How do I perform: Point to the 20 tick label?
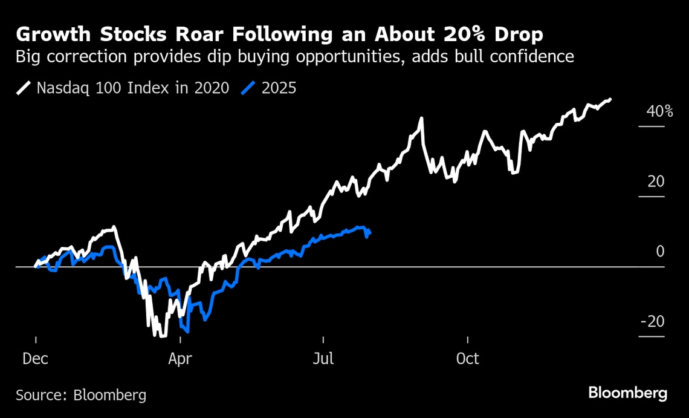click(x=656, y=181)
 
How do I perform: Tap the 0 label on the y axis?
click(x=661, y=251)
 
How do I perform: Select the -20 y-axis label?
click(x=652, y=321)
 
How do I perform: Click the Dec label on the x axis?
click(x=36, y=359)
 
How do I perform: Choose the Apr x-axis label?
click(x=180, y=359)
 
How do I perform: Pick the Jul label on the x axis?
click(x=323, y=359)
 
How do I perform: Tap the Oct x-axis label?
click(x=467, y=359)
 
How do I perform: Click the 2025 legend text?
click(x=279, y=88)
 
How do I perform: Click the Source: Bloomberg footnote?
click(x=81, y=396)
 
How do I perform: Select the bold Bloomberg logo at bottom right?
click(x=628, y=394)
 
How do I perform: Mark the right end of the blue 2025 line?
click(x=369, y=232)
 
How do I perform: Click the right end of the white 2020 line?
click(x=610, y=99)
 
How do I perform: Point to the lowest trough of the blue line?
click(x=187, y=331)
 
